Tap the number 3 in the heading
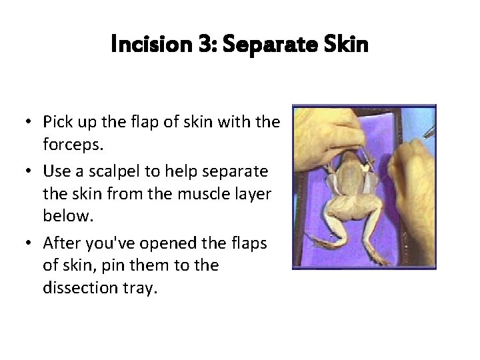coord(204,45)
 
